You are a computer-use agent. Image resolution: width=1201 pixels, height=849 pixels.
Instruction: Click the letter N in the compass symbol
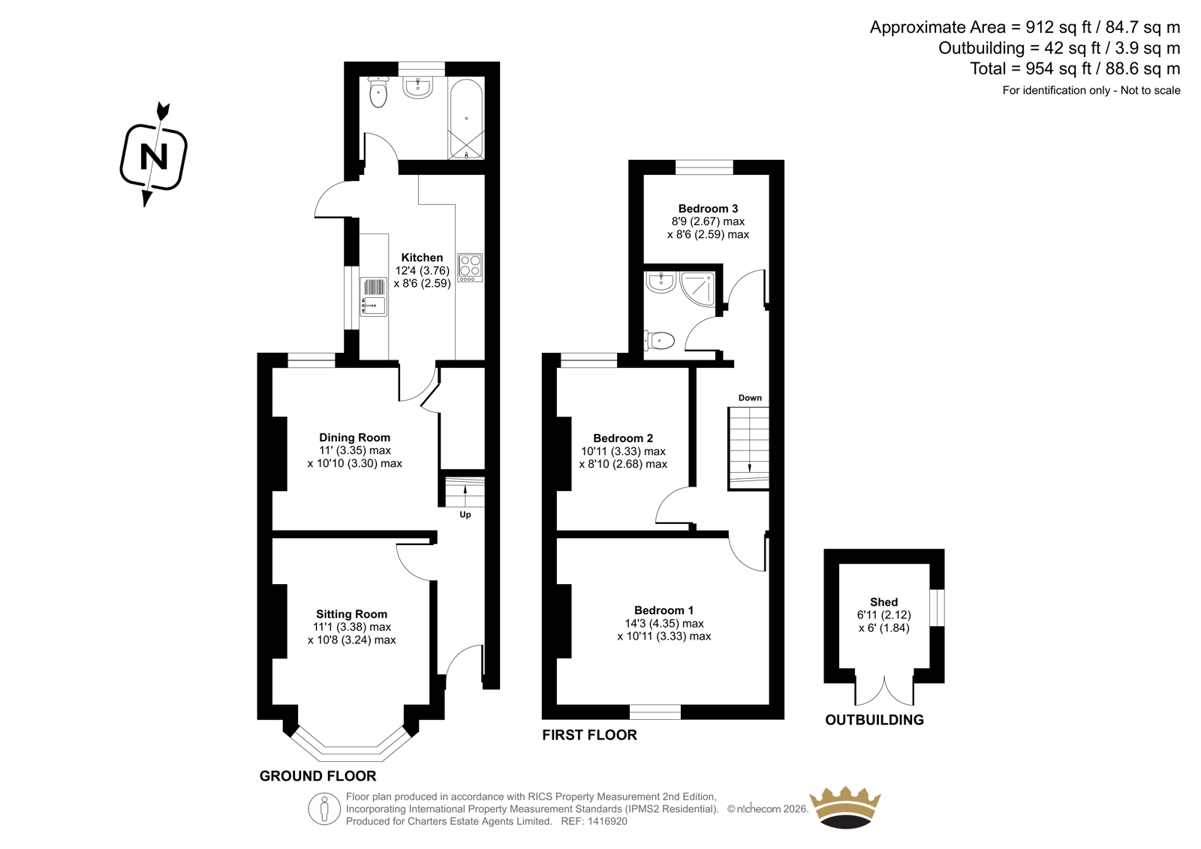[x=154, y=157]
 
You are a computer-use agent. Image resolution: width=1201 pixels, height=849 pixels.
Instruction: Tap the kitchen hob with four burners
[x=470, y=268]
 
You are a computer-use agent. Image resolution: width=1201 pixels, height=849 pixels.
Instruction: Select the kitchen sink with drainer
[x=373, y=297]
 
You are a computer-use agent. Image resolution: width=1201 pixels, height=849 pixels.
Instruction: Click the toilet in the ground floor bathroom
[x=378, y=92]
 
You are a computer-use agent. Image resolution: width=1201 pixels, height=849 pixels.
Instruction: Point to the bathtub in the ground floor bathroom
[x=466, y=119]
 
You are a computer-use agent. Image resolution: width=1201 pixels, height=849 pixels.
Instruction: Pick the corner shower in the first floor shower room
[x=697, y=288]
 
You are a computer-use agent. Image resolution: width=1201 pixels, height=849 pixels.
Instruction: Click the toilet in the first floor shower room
[x=660, y=340]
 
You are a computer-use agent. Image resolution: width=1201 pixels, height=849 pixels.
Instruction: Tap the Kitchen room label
[x=422, y=257]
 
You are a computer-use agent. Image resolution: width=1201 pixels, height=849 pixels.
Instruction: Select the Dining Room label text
[x=354, y=438]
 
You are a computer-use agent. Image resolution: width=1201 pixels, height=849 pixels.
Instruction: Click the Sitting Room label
[x=351, y=614]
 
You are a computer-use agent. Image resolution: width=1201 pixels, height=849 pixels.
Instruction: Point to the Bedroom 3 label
[x=708, y=209]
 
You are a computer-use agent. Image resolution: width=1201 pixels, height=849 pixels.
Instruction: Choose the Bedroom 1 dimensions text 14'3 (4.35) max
[x=664, y=623]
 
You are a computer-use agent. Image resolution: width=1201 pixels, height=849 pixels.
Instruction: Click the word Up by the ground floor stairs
[x=465, y=515]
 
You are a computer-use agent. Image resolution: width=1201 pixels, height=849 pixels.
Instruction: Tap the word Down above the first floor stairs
[x=750, y=398]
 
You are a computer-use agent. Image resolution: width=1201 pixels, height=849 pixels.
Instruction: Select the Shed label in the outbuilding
[x=883, y=602]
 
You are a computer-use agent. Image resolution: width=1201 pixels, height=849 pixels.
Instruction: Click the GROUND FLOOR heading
[x=318, y=776]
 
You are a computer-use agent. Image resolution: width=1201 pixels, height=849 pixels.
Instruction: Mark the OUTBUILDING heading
[x=874, y=721]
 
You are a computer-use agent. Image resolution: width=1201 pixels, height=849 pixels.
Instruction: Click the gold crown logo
[x=845, y=807]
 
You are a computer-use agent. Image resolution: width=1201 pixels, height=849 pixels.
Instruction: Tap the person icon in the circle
[x=324, y=808]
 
